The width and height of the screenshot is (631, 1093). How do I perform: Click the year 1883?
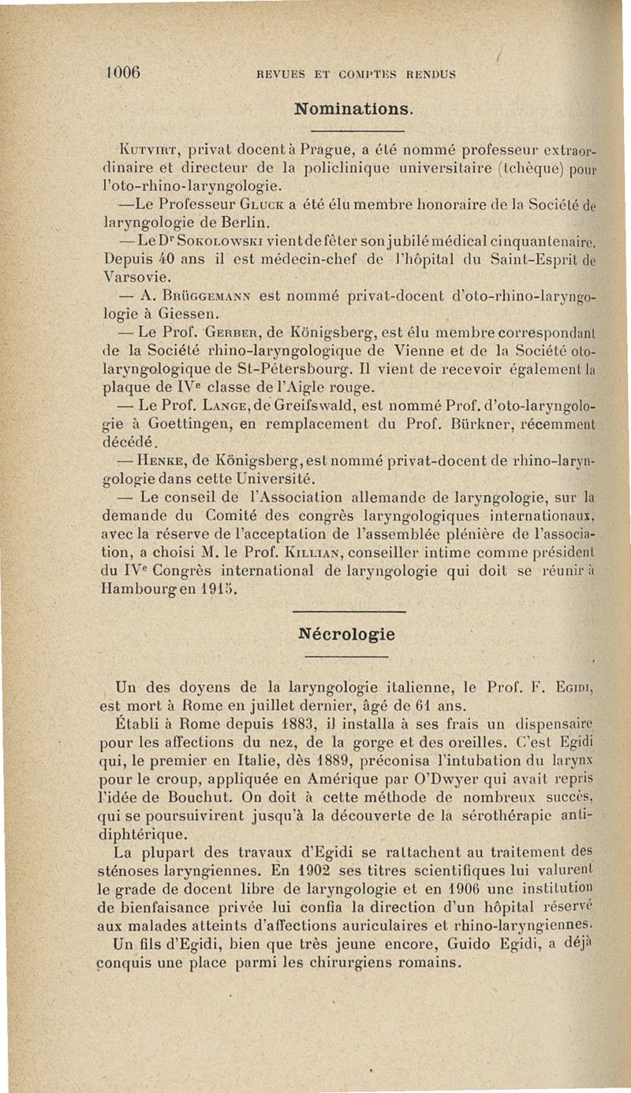(260, 723)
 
